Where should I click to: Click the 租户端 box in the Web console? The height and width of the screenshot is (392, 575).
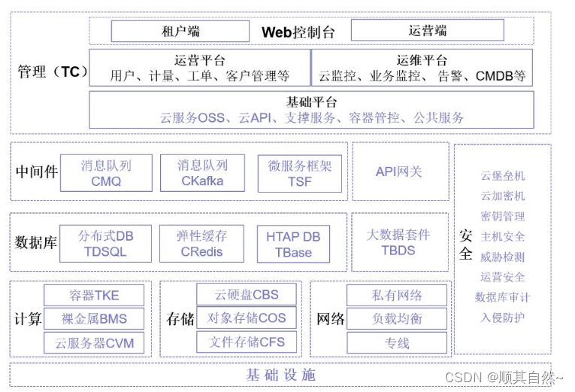[x=180, y=32]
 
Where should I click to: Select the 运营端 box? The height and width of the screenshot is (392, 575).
[x=428, y=31]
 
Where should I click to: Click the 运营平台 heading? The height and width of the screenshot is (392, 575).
[x=199, y=60]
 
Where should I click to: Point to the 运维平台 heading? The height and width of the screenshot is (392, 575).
[x=422, y=60]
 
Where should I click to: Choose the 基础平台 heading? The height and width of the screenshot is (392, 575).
[x=311, y=102]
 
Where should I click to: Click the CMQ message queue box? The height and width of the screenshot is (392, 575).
[x=106, y=173]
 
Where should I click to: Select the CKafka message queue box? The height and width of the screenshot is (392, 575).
[x=202, y=173]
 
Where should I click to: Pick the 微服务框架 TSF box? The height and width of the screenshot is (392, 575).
[x=299, y=173]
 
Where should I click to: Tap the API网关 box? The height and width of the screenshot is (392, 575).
[x=399, y=172]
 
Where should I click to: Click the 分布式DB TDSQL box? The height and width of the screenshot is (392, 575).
[x=105, y=244]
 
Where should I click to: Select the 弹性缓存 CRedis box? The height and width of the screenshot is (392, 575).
[x=202, y=244]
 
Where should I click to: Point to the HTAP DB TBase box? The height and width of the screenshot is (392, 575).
[x=293, y=244]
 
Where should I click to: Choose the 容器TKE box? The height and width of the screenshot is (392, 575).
[x=94, y=295]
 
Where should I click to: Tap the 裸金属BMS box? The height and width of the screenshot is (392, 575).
[x=94, y=319]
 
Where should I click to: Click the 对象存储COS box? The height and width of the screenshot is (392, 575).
[x=247, y=318]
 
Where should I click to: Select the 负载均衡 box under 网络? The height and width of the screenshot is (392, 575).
[x=397, y=318]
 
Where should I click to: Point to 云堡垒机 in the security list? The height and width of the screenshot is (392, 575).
[x=503, y=176]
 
